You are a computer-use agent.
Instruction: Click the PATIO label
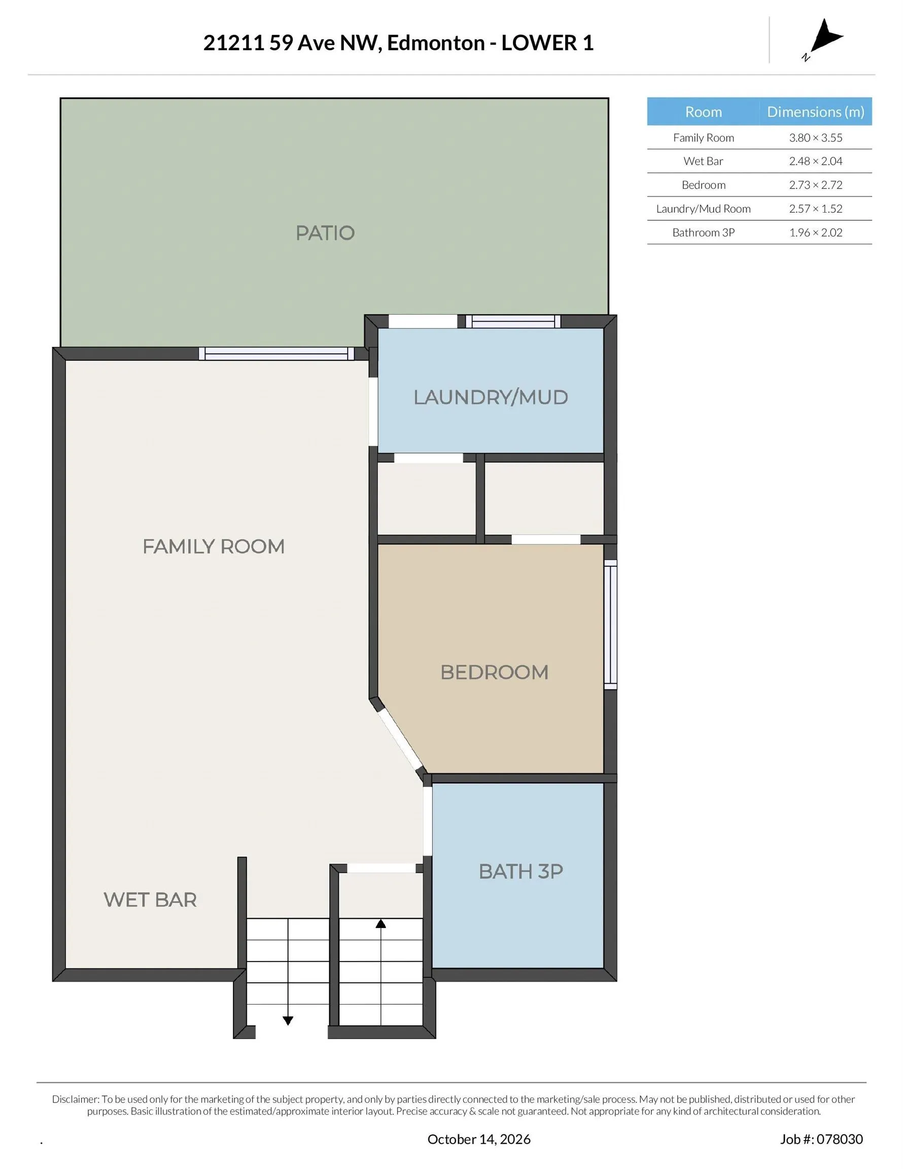pyautogui.click(x=325, y=233)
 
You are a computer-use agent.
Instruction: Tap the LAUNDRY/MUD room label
pyautogui.click(x=490, y=397)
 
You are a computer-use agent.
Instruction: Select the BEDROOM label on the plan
pyautogui.click(x=494, y=672)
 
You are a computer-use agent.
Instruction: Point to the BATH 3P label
pyautogui.click(x=520, y=871)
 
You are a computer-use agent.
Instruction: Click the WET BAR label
pyautogui.click(x=150, y=900)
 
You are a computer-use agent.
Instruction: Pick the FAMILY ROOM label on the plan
pyautogui.click(x=213, y=546)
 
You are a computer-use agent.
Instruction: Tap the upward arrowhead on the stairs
pyautogui.click(x=380, y=923)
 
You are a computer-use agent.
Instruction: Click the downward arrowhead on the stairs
pyautogui.click(x=288, y=1020)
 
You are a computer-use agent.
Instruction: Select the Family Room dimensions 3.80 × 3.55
pyautogui.click(x=815, y=137)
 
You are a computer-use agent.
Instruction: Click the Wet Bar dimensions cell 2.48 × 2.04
pyautogui.click(x=815, y=161)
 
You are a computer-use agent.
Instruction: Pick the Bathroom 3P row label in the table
pyautogui.click(x=703, y=232)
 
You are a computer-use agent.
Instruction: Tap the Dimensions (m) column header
pyautogui.click(x=815, y=111)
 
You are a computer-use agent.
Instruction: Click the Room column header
pyautogui.click(x=703, y=111)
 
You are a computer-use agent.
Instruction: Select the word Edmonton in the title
pyautogui.click(x=436, y=43)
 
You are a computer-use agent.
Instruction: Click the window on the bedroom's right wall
pyautogui.click(x=610, y=624)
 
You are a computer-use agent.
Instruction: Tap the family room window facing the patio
pyautogui.click(x=276, y=354)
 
